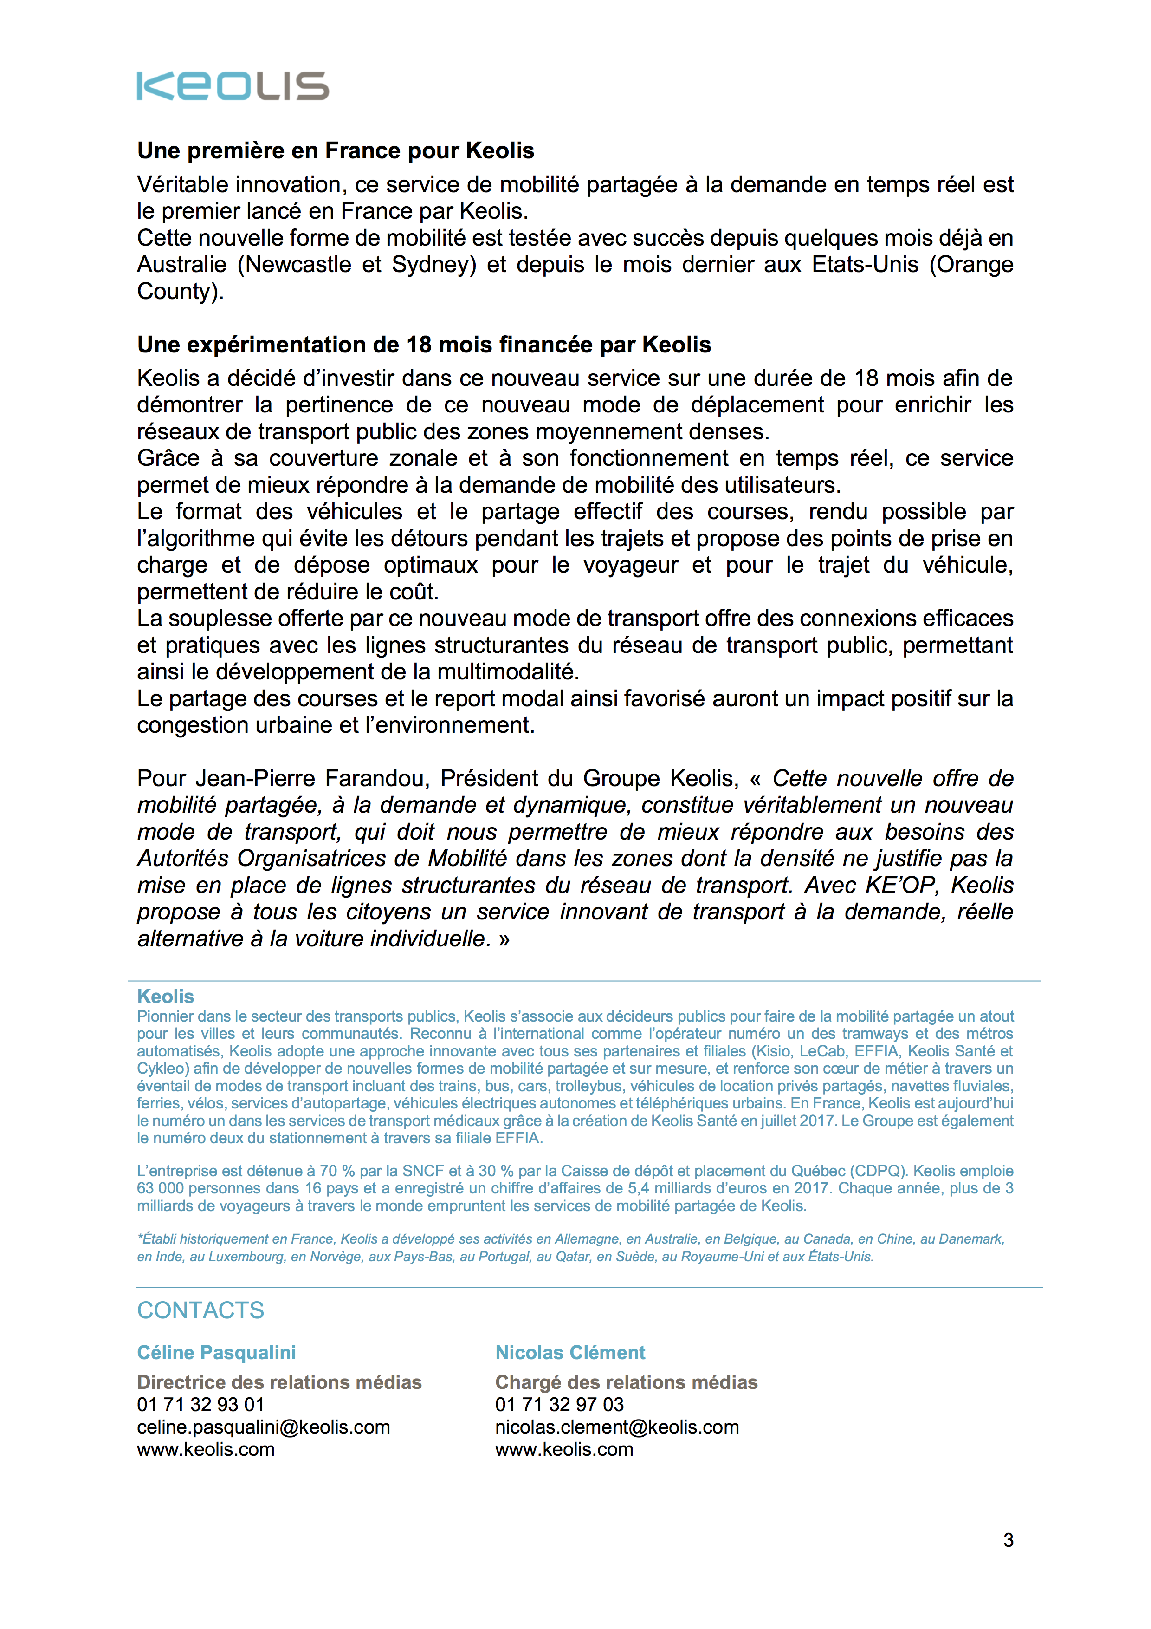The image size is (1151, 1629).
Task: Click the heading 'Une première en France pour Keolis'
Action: click(336, 150)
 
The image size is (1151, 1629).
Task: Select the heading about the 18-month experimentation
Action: click(423, 345)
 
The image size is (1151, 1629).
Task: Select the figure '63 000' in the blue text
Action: click(160, 1188)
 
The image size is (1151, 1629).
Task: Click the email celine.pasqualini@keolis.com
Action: click(263, 1427)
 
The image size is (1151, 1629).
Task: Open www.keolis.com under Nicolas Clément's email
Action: click(564, 1449)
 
